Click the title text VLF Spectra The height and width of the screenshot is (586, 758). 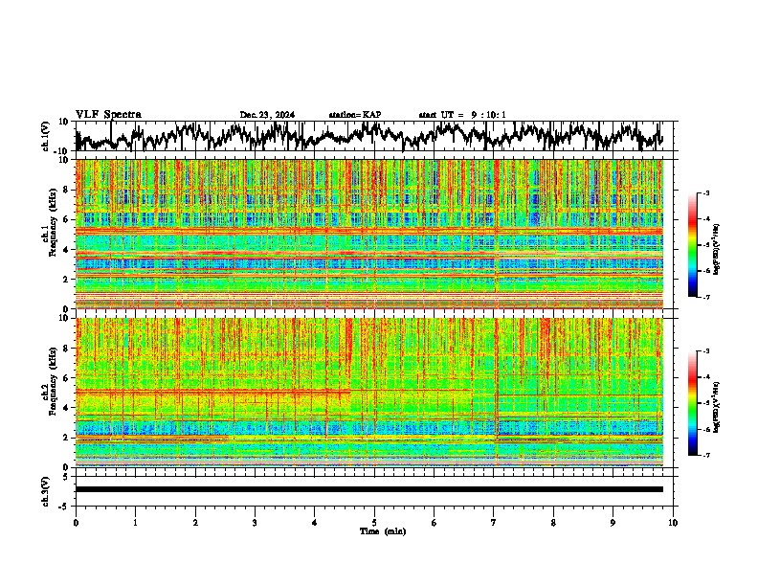[x=108, y=115]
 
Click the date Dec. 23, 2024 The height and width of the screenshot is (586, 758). [x=267, y=115]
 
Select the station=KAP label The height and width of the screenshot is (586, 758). [x=354, y=115]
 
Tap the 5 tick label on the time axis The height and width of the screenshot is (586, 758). [x=374, y=522]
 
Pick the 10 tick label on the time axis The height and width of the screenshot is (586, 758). [x=673, y=522]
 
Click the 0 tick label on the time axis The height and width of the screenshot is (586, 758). [x=76, y=522]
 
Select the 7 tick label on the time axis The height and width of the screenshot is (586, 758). [x=494, y=522]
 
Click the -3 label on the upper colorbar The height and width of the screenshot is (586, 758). [x=705, y=193]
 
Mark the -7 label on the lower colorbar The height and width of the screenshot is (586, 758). [x=705, y=456]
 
